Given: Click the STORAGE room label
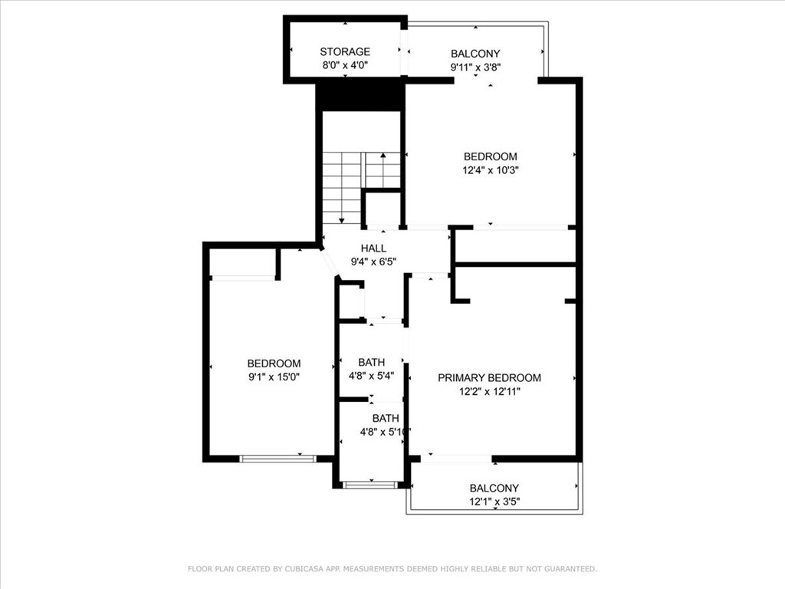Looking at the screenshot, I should click(345, 52).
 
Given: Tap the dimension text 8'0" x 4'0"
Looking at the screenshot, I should click(345, 66).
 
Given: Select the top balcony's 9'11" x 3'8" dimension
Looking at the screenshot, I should click(475, 67).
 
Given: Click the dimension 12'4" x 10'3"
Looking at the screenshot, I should click(490, 170).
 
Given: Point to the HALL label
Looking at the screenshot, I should click(373, 248).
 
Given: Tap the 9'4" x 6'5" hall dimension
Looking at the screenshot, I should click(373, 262).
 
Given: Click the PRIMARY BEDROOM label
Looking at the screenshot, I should click(489, 378).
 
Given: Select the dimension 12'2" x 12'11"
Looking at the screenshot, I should click(489, 392).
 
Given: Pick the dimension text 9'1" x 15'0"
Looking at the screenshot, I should click(274, 377).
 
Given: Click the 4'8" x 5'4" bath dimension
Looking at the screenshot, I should click(371, 376).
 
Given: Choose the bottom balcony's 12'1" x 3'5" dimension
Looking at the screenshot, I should click(494, 502).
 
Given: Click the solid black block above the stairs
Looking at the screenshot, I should click(360, 97).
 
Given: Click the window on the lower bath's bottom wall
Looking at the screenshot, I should click(370, 485).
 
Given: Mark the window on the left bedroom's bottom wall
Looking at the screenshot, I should click(278, 459).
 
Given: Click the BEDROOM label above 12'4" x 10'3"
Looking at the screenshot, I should click(490, 156).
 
